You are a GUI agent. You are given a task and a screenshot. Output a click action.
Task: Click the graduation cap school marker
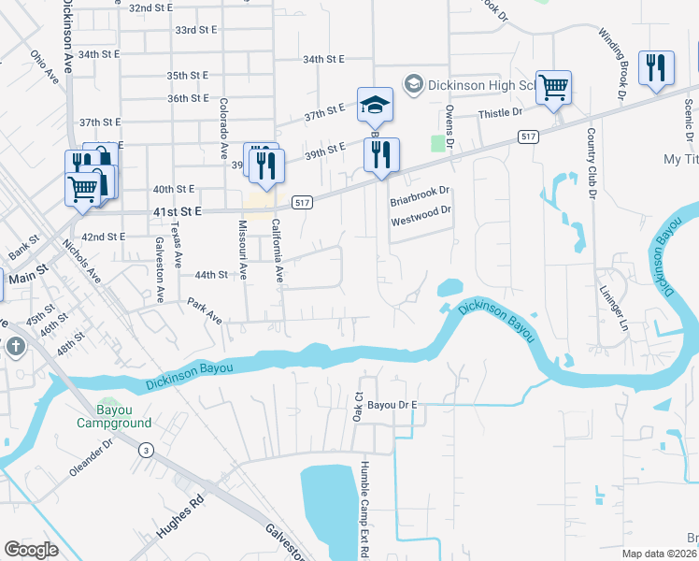[x=375, y=104]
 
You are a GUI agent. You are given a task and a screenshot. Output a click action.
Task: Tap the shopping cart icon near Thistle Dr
[x=553, y=88]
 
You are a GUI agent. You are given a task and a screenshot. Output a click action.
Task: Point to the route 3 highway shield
[x=146, y=451]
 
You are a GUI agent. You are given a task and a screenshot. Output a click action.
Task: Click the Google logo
[x=32, y=549]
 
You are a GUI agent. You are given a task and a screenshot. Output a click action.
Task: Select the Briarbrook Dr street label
[x=420, y=191]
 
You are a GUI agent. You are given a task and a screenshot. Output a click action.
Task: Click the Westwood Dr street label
[x=421, y=210]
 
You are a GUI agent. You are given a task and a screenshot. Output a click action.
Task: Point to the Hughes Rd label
[x=180, y=518]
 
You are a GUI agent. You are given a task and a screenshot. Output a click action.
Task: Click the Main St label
[x=27, y=279]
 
